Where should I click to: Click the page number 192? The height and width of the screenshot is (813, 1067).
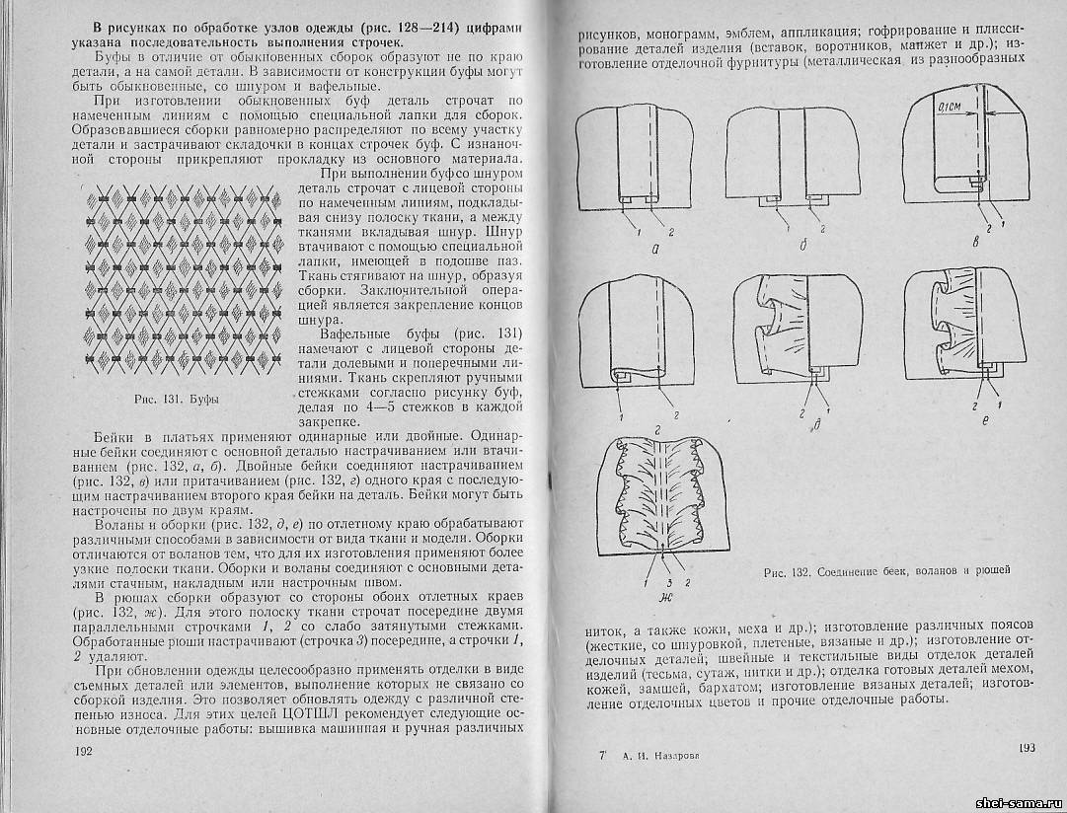tap(83, 752)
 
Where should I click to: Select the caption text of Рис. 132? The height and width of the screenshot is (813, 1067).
tap(887, 570)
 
